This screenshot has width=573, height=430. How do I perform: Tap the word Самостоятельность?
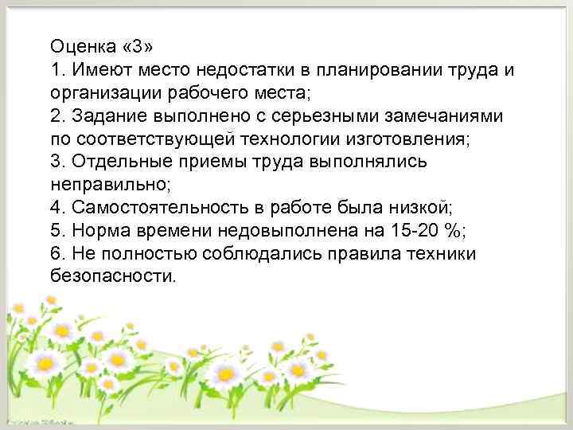pyautogui.click(x=156, y=208)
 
